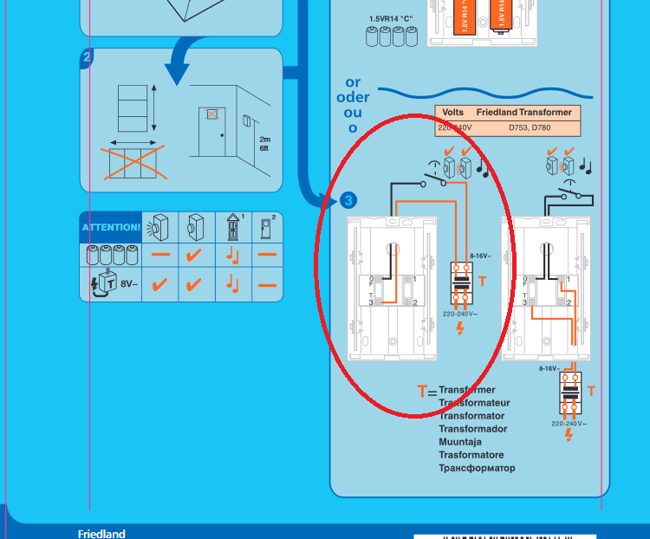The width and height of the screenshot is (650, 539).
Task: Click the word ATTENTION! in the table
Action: click(x=111, y=227)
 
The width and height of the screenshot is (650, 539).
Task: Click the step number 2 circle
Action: click(x=86, y=59)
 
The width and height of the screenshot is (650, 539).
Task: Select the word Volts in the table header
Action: click(x=453, y=113)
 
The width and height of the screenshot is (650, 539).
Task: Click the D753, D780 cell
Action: click(x=530, y=128)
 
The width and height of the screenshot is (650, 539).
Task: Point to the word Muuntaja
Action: click(x=460, y=442)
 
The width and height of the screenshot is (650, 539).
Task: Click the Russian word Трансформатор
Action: click(x=477, y=468)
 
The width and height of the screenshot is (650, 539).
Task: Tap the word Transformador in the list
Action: click(x=473, y=429)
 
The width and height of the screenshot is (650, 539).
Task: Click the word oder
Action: click(x=353, y=98)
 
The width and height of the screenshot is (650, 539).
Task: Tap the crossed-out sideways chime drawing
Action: click(x=130, y=163)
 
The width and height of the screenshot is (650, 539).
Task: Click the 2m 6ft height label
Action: click(x=264, y=144)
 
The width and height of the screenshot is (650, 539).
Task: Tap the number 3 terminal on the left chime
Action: click(x=371, y=302)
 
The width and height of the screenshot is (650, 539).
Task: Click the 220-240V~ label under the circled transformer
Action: click(x=460, y=314)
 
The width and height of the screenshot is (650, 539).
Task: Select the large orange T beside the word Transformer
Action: click(x=422, y=392)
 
